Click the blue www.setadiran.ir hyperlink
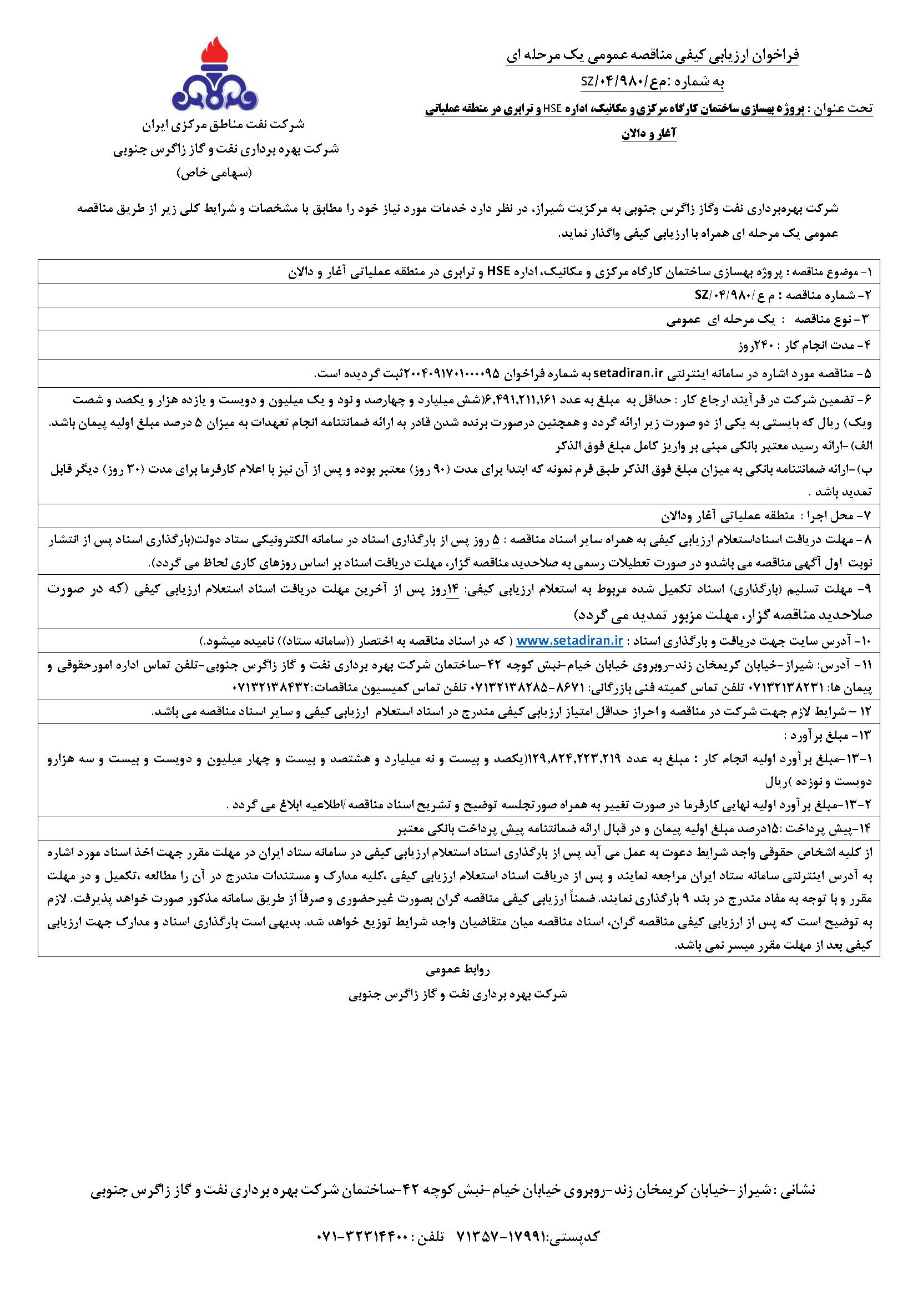tap(569, 641)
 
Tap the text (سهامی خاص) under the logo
tap(215, 173)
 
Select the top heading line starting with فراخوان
tap(653, 56)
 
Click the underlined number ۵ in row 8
tap(496, 540)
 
